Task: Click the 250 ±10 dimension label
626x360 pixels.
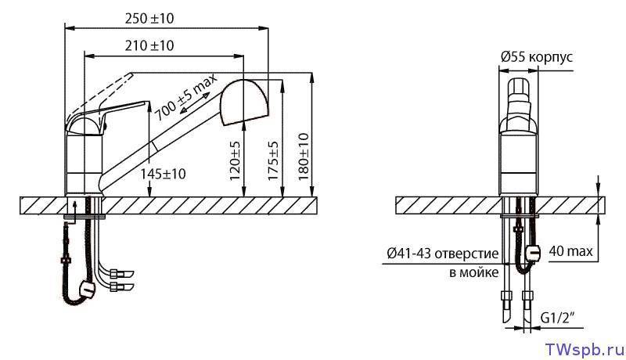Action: (x=149, y=18)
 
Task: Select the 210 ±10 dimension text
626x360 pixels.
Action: (x=149, y=45)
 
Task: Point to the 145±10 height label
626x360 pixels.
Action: (x=164, y=174)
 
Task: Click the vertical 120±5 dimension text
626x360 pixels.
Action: (x=236, y=160)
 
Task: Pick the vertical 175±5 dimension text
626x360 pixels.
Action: (x=273, y=160)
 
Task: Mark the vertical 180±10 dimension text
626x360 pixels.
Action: (x=304, y=157)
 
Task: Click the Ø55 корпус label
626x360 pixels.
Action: (x=537, y=57)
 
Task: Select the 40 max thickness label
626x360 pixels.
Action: (x=570, y=251)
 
